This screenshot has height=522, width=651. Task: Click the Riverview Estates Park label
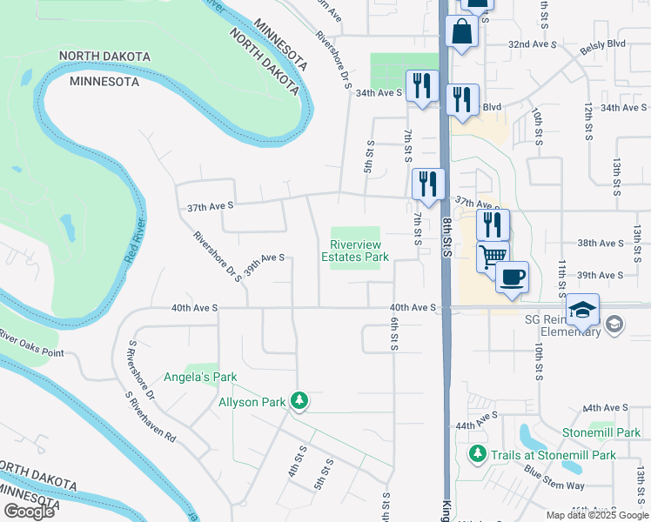pyautogui.click(x=354, y=251)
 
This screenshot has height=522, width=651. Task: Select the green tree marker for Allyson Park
pyautogui.click(x=299, y=400)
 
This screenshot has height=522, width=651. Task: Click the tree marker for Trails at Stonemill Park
pyautogui.click(x=477, y=454)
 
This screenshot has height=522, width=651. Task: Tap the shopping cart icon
pyautogui.click(x=493, y=257)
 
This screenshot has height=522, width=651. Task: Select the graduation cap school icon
pyautogui.click(x=582, y=311)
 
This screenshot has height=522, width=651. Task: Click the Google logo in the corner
pyautogui.click(x=29, y=512)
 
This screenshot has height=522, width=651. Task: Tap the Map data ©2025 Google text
pyautogui.click(x=596, y=515)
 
